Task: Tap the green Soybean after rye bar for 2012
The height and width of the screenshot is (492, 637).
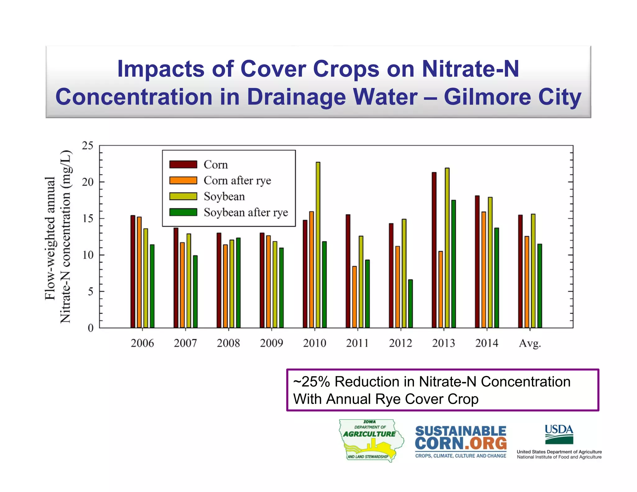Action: (x=410, y=304)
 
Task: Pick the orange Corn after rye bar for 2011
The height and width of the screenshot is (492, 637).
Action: (x=354, y=297)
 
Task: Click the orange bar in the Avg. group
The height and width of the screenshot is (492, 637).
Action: (x=527, y=282)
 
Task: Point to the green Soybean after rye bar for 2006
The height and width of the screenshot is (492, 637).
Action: (x=152, y=286)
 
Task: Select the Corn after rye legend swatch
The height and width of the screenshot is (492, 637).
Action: (x=183, y=180)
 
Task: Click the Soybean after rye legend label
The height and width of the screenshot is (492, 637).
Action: (x=246, y=212)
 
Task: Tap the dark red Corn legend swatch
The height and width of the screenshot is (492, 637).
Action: (x=183, y=164)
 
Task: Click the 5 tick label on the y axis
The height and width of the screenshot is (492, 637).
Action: (x=90, y=291)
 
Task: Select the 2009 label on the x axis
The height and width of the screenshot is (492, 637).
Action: (x=271, y=343)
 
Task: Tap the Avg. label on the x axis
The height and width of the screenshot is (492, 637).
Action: (x=530, y=343)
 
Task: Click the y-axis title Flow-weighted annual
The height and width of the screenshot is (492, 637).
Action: (x=50, y=238)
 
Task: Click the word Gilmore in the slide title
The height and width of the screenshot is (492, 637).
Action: (x=487, y=97)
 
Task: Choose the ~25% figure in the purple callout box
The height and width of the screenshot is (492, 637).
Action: (x=311, y=382)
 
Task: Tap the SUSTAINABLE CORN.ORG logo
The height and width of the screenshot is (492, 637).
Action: (x=460, y=441)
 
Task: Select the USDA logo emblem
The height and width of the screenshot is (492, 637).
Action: (x=559, y=434)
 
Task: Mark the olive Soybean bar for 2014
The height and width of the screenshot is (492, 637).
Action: (x=490, y=262)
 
